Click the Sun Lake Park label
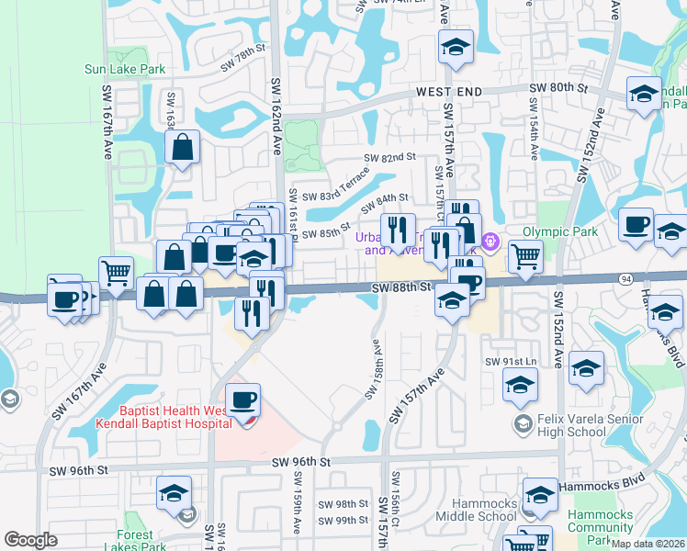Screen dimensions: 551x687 point(125,69)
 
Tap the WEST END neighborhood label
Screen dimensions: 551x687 point(449,93)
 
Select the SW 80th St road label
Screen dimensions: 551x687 point(558,87)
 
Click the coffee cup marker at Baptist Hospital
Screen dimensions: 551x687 point(243,401)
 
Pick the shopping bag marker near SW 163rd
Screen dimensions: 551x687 point(183,146)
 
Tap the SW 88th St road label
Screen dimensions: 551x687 point(401,287)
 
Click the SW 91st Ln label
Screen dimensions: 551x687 point(514,362)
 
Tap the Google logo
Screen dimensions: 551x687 point(30,540)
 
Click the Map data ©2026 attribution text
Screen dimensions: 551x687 point(648,544)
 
